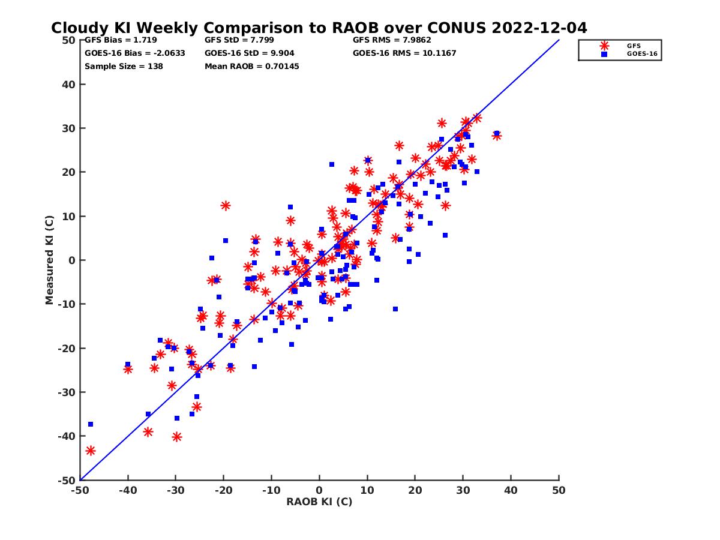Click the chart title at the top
pos(319,28)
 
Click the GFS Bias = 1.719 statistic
pos(121,40)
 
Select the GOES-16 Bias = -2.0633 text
pos(134,53)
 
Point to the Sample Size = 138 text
pos(124,66)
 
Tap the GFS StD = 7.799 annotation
pos(239,40)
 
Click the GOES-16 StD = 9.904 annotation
pos(247,53)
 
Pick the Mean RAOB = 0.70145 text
pos(251,66)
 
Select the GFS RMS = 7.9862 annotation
pos(392,40)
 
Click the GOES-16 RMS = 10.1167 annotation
pos(404,53)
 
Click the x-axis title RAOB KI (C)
pos(319,502)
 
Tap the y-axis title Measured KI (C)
pos(50,260)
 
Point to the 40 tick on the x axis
pos(511,490)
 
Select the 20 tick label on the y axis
pos(70,172)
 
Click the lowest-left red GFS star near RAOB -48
pos(91,451)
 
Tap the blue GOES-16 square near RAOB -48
pos(91,424)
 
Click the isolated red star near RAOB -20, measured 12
pos(226,205)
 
